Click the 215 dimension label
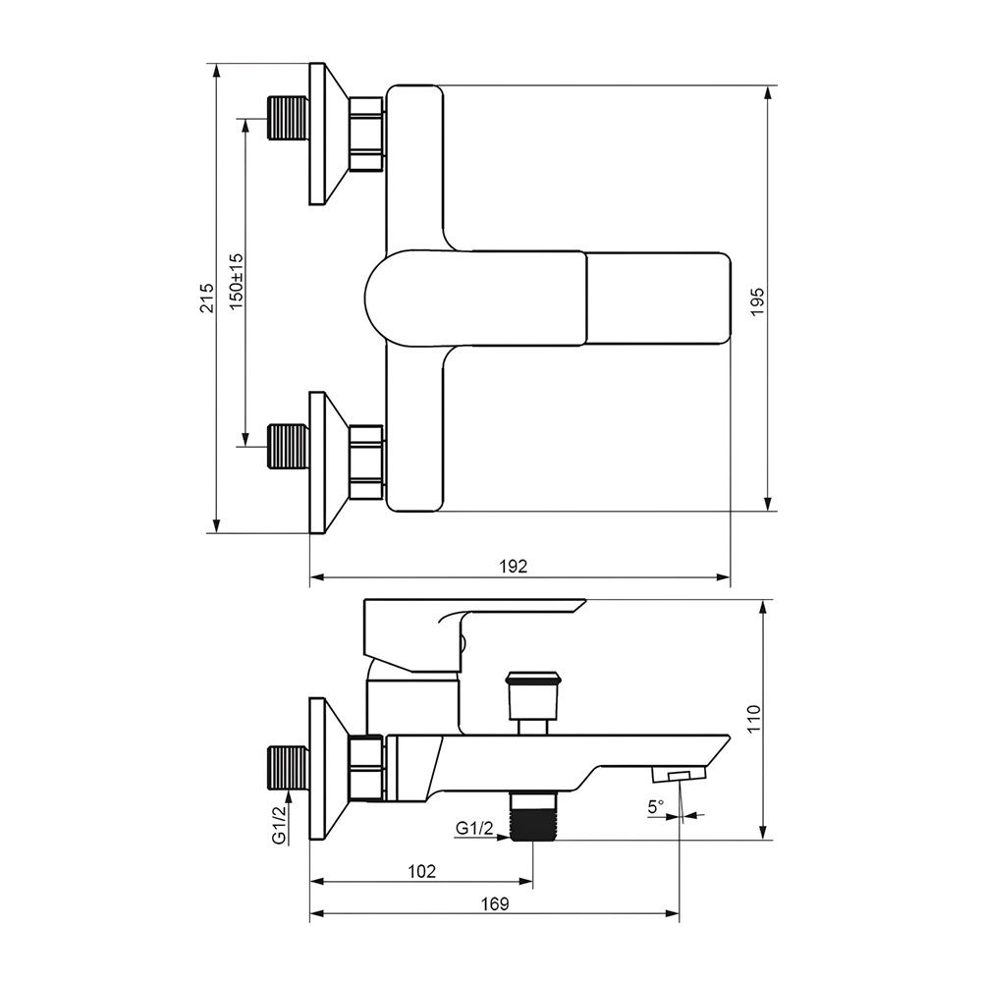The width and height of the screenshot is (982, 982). tap(206, 299)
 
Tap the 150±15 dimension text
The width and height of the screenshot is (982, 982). tap(236, 282)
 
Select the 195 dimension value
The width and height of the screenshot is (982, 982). tap(757, 301)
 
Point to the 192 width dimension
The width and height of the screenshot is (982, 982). tap(514, 567)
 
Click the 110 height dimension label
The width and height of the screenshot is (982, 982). tap(753, 719)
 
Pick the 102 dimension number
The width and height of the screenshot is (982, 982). tap(421, 870)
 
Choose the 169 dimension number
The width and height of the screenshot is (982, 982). tap(495, 903)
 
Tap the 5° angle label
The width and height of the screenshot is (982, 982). tap(656, 806)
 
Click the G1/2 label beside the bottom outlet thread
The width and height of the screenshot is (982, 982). tap(474, 828)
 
